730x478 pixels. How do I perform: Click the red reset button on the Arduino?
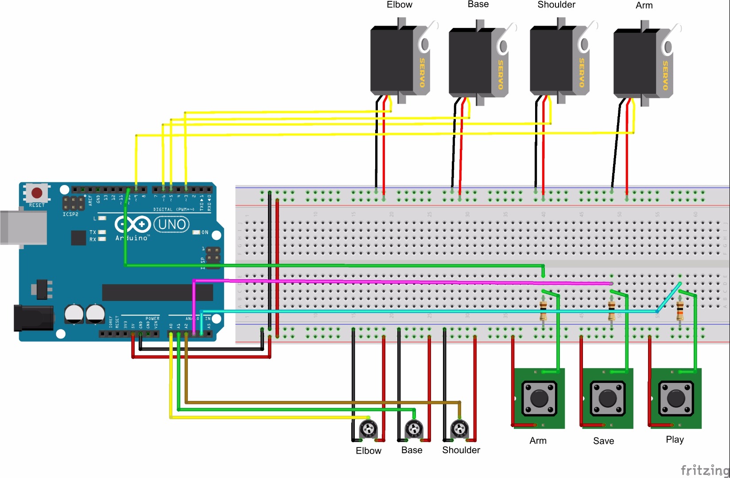37,193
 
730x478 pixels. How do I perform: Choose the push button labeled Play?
676,398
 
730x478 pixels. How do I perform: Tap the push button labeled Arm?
539,398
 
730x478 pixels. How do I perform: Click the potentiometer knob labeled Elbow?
368,428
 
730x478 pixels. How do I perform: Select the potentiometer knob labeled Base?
414,428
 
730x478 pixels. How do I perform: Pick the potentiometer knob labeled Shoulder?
459,428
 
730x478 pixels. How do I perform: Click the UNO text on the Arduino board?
172,225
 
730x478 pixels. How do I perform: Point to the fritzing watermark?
705,470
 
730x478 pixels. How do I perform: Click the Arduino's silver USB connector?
23,227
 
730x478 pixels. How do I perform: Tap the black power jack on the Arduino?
33,318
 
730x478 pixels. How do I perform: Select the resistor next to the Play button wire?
680,310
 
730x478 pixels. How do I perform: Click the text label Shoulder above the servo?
556,5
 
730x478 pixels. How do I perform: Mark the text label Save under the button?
603,441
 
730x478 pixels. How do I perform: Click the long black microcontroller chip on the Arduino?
157,293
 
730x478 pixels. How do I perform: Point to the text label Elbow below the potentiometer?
369,451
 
